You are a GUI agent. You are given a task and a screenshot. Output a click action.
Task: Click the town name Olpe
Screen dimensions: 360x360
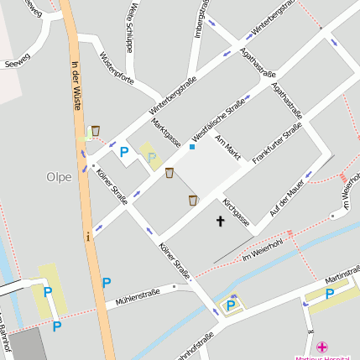pyautogui.click(x=59, y=177)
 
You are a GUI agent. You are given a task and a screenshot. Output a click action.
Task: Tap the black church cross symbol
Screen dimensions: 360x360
pyautogui.click(x=222, y=222)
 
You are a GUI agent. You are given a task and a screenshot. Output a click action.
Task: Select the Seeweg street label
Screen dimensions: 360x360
pyautogui.click(x=16, y=63)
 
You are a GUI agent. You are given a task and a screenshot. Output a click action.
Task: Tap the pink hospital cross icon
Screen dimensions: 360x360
pyautogui.click(x=321, y=347)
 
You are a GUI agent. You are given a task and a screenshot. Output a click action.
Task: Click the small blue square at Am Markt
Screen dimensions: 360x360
pyautogui.click(x=192, y=147)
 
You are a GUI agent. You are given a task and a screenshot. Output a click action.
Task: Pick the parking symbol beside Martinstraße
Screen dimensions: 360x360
pyautogui.click(x=330, y=294)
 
